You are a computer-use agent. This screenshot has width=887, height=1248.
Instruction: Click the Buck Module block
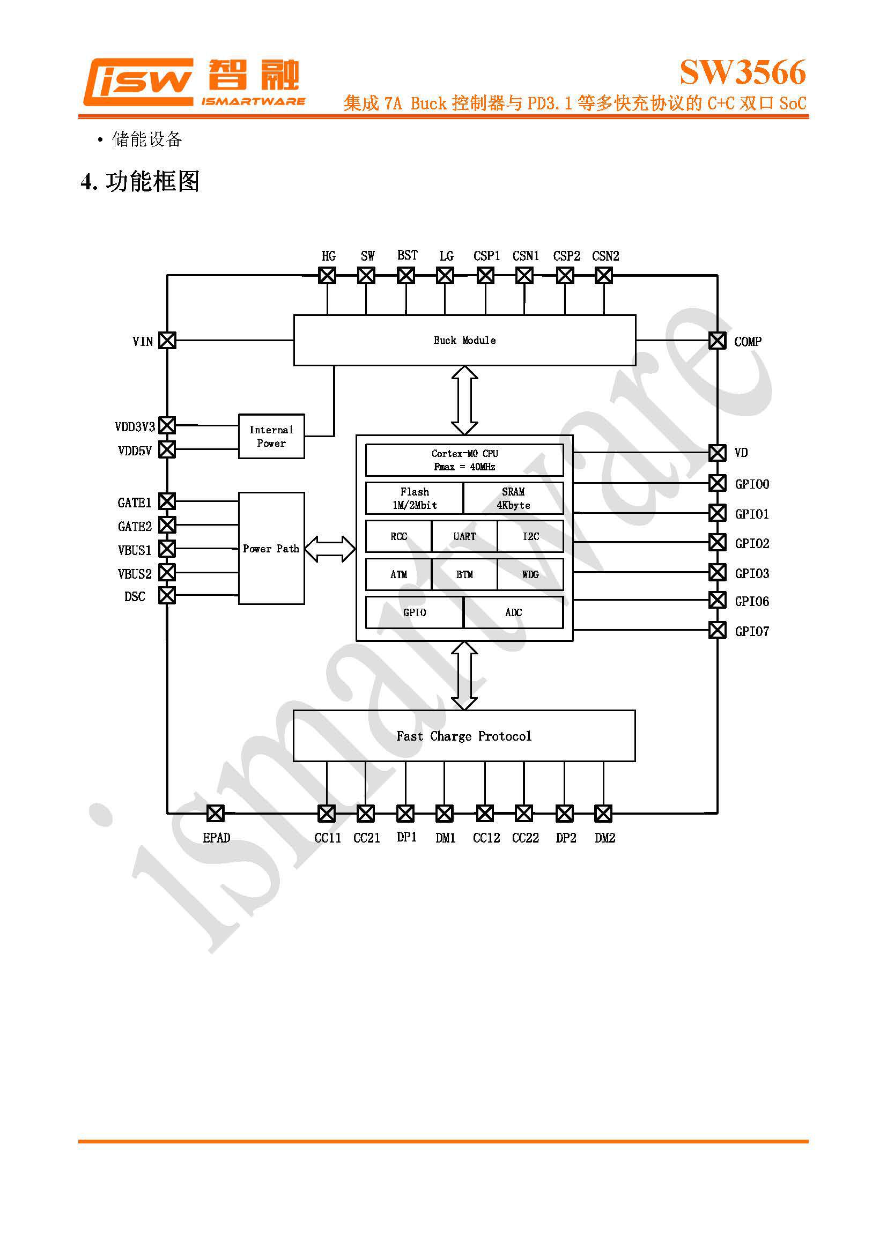click(x=464, y=339)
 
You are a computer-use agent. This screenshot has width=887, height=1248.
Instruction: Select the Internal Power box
click(x=271, y=436)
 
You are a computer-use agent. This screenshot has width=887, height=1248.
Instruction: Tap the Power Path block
click(x=271, y=548)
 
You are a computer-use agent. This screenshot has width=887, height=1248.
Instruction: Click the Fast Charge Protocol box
click(x=464, y=735)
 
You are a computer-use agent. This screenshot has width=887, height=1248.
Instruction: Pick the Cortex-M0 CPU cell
click(x=464, y=460)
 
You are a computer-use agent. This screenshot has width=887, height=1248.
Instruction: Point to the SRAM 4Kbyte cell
click(x=513, y=498)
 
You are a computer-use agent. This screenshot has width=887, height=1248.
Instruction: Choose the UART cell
click(x=464, y=536)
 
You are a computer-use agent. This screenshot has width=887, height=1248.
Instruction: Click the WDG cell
click(x=530, y=574)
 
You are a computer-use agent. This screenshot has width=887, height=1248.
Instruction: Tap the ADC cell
click(x=513, y=612)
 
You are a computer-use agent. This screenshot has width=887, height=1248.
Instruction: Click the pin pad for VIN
click(x=167, y=340)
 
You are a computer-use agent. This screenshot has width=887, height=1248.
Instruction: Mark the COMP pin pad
click(x=717, y=340)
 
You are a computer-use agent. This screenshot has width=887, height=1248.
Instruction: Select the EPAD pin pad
click(x=216, y=813)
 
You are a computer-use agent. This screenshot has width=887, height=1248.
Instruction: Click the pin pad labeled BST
click(x=406, y=275)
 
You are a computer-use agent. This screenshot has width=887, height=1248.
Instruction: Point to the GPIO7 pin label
click(x=751, y=631)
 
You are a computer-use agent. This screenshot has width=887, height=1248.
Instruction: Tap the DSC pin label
click(x=135, y=596)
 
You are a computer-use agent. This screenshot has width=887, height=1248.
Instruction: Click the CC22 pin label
click(x=526, y=838)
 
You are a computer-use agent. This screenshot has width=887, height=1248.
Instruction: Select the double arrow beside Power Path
click(x=330, y=548)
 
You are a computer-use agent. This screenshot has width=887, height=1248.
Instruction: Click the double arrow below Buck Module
click(x=464, y=400)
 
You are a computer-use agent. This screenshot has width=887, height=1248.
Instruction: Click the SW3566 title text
click(x=742, y=72)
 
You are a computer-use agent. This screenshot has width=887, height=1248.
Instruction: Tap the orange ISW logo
click(x=138, y=82)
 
